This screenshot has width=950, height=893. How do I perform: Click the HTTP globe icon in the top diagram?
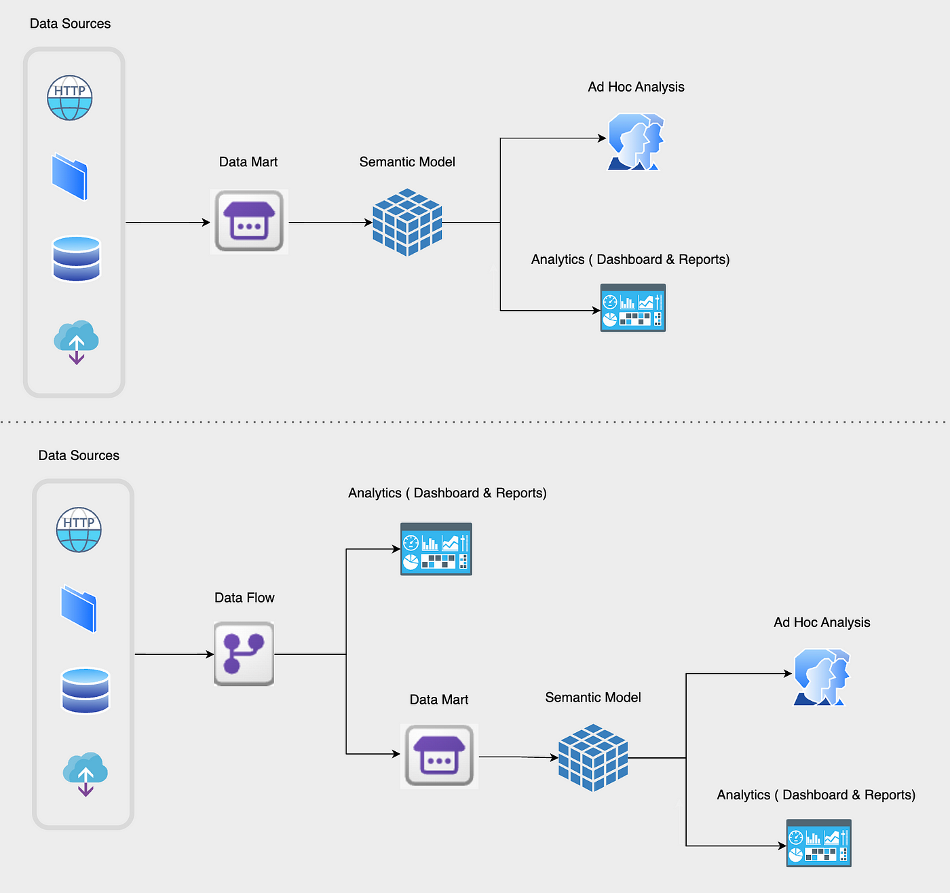(70, 98)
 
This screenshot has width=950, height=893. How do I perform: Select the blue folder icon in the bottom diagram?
(79, 609)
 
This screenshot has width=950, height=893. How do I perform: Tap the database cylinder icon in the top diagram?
(77, 259)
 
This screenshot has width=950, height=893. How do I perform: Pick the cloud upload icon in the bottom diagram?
(85, 774)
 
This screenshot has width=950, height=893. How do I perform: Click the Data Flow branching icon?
(244, 653)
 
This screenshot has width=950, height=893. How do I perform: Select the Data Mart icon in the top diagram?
(249, 221)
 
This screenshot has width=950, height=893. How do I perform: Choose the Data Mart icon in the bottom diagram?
(439, 756)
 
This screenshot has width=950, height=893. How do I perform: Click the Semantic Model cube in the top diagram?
(407, 223)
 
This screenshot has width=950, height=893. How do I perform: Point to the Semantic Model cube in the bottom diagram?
(593, 757)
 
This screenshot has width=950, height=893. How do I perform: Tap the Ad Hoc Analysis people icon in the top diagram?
(636, 142)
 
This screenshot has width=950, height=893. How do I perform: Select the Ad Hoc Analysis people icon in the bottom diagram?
(822, 677)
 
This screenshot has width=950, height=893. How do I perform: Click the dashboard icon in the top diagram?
(633, 307)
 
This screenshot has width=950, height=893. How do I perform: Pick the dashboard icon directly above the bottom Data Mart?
(436, 549)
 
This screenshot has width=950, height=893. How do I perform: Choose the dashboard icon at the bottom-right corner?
(819, 843)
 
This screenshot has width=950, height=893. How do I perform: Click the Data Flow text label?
(244, 598)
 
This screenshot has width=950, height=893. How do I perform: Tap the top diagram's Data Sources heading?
(71, 24)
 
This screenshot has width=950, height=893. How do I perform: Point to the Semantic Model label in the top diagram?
(407, 161)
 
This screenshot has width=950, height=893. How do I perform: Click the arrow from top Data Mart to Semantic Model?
(330, 223)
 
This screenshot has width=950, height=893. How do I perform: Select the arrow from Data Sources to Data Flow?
(174, 653)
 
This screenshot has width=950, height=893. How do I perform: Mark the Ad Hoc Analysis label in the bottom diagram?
(822, 622)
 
